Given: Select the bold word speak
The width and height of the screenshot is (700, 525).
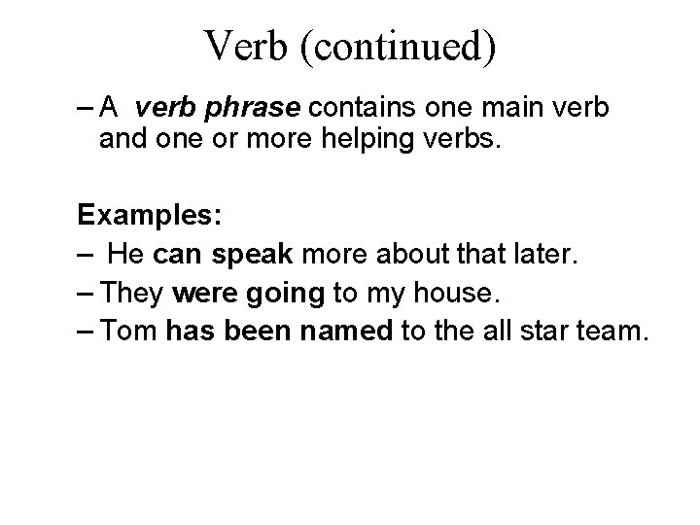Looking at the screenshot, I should [x=252, y=257].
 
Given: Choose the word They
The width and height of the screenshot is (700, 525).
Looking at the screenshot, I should [x=137, y=295].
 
